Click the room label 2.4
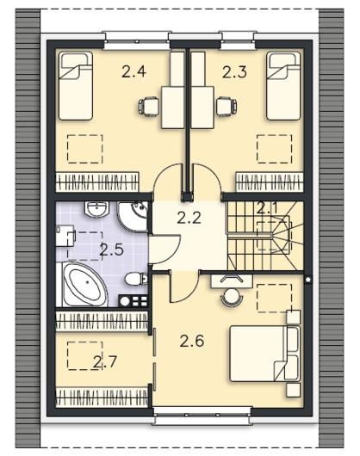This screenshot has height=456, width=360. pos(133,71)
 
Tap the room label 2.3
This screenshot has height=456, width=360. pos(234,71)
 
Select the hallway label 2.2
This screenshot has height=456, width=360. pos(189,217)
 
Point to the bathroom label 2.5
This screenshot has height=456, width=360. pos(111,250)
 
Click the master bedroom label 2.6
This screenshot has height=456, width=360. pos(191,341)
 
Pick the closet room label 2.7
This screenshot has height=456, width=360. pos(105,361)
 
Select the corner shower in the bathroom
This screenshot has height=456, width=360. pos(133,217)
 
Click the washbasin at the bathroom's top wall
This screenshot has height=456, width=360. pos(96,209)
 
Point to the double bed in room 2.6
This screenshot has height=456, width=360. pos(264,353)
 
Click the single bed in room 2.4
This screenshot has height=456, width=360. pos(76,86)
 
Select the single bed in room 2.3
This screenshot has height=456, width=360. pos(283,86)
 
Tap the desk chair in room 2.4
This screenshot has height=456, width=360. pos(149,107)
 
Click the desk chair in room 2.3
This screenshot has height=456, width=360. pos(227,107)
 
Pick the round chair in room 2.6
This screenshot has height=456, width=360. pos(232,296)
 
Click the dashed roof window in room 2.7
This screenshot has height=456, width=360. pos(85,355)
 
